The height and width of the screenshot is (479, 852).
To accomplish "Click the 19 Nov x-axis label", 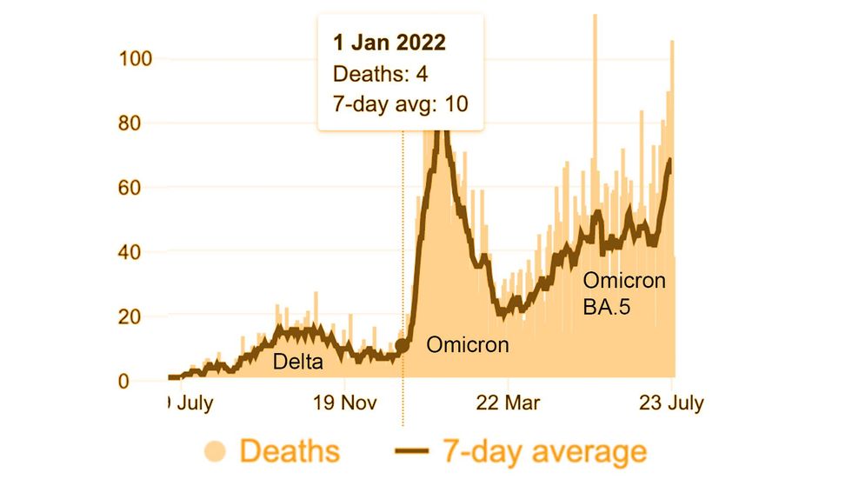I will click(x=345, y=403).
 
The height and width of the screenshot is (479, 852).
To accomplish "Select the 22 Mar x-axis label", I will click(x=509, y=403).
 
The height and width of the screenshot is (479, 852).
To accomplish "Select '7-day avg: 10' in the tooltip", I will click(x=401, y=104).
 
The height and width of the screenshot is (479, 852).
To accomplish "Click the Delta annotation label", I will click(x=298, y=361).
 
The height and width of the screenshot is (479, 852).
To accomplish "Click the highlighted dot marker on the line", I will click(x=402, y=346).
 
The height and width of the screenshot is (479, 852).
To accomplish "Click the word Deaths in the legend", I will click(x=290, y=451).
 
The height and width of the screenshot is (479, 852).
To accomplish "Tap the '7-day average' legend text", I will click(x=544, y=451).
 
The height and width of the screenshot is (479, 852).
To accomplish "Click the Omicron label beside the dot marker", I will click(x=467, y=345).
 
